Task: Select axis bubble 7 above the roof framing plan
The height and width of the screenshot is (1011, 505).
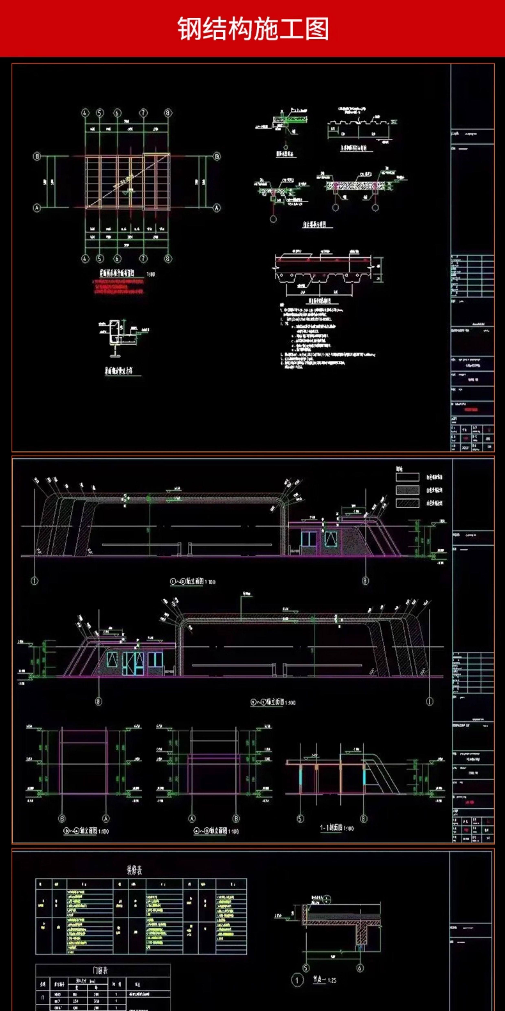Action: (144, 113)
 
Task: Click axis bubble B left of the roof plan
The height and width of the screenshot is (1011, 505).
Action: (36, 156)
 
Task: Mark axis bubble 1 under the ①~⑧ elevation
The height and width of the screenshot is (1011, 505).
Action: (34, 581)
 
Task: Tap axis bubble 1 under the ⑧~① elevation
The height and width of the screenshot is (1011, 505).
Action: (430, 701)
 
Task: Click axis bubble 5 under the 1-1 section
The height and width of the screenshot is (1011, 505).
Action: (300, 819)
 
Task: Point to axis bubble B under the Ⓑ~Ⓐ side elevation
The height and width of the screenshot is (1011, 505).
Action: (61, 819)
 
